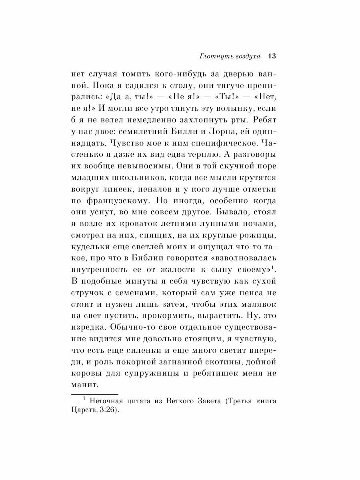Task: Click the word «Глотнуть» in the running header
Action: pyautogui.click(x=214, y=56)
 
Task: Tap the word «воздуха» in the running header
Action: pyautogui.click(x=245, y=56)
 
